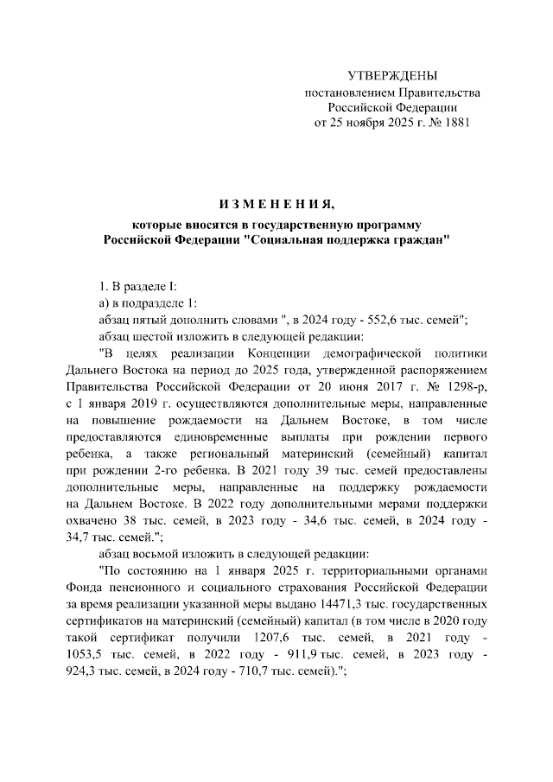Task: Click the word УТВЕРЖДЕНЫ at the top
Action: [392, 76]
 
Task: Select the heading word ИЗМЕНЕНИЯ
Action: [276, 204]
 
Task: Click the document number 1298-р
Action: [466, 387]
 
